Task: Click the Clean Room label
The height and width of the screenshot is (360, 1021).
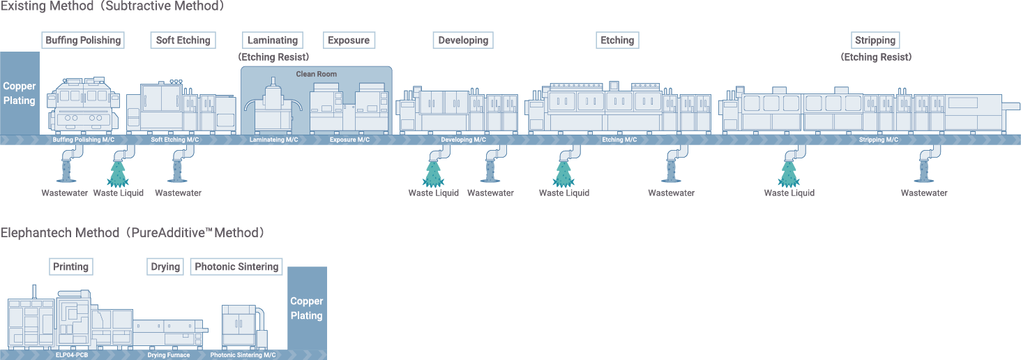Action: pos(316,74)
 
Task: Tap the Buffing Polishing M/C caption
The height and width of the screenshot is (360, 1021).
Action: pos(84,140)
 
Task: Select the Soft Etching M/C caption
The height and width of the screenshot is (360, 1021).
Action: pos(175,140)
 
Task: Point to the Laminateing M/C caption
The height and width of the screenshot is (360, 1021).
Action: pos(273,140)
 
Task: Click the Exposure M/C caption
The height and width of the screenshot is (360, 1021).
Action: pos(349,140)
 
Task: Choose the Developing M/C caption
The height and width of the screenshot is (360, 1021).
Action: pos(463,140)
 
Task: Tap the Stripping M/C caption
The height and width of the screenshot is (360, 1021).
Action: pos(878,140)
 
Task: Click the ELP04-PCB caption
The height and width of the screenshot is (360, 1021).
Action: pos(72,355)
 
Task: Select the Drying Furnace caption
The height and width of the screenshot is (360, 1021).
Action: pos(168,355)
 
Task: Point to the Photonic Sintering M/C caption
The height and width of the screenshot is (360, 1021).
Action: pos(243,355)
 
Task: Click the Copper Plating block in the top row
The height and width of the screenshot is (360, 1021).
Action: pos(20,93)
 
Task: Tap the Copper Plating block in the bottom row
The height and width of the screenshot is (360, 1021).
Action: pos(307,308)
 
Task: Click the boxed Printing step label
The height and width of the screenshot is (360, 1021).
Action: pos(71,267)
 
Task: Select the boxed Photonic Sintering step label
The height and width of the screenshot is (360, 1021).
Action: pos(236,267)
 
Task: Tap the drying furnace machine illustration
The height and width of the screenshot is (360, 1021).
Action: pos(168,333)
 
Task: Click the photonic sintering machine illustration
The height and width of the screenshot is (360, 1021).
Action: pos(243,327)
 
